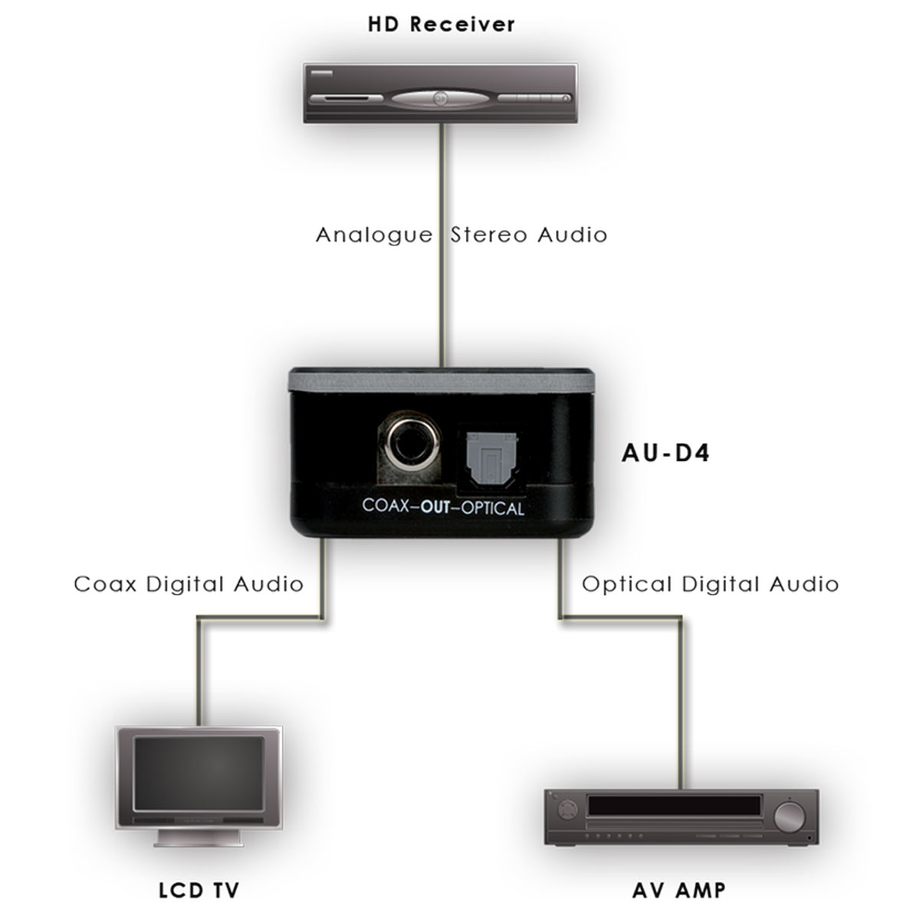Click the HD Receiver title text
pyautogui.click(x=441, y=24)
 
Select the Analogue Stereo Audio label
pyautogui.click(x=461, y=235)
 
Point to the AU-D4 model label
pyautogui.click(x=665, y=453)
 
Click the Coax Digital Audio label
pyautogui.click(x=189, y=584)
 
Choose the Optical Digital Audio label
pyautogui.click(x=710, y=584)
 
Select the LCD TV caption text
pyautogui.click(x=199, y=890)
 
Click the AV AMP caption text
pyautogui.click(x=679, y=890)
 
